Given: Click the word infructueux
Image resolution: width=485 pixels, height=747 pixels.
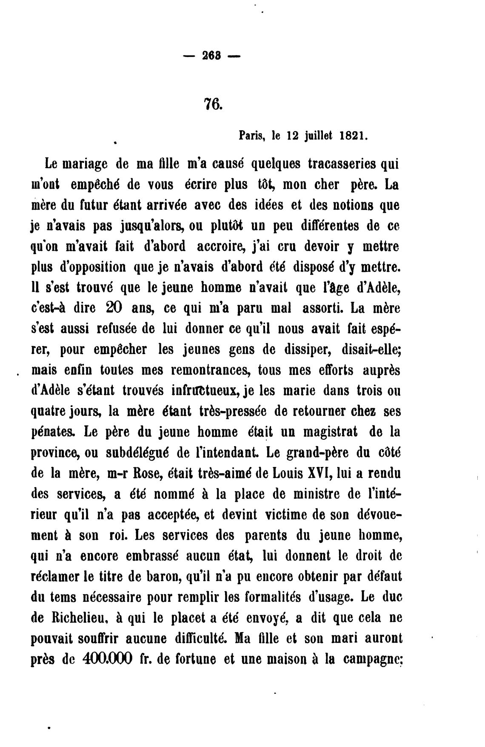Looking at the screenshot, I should click(x=206, y=390).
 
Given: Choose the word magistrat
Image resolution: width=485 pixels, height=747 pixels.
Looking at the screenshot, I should click(x=327, y=432).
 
